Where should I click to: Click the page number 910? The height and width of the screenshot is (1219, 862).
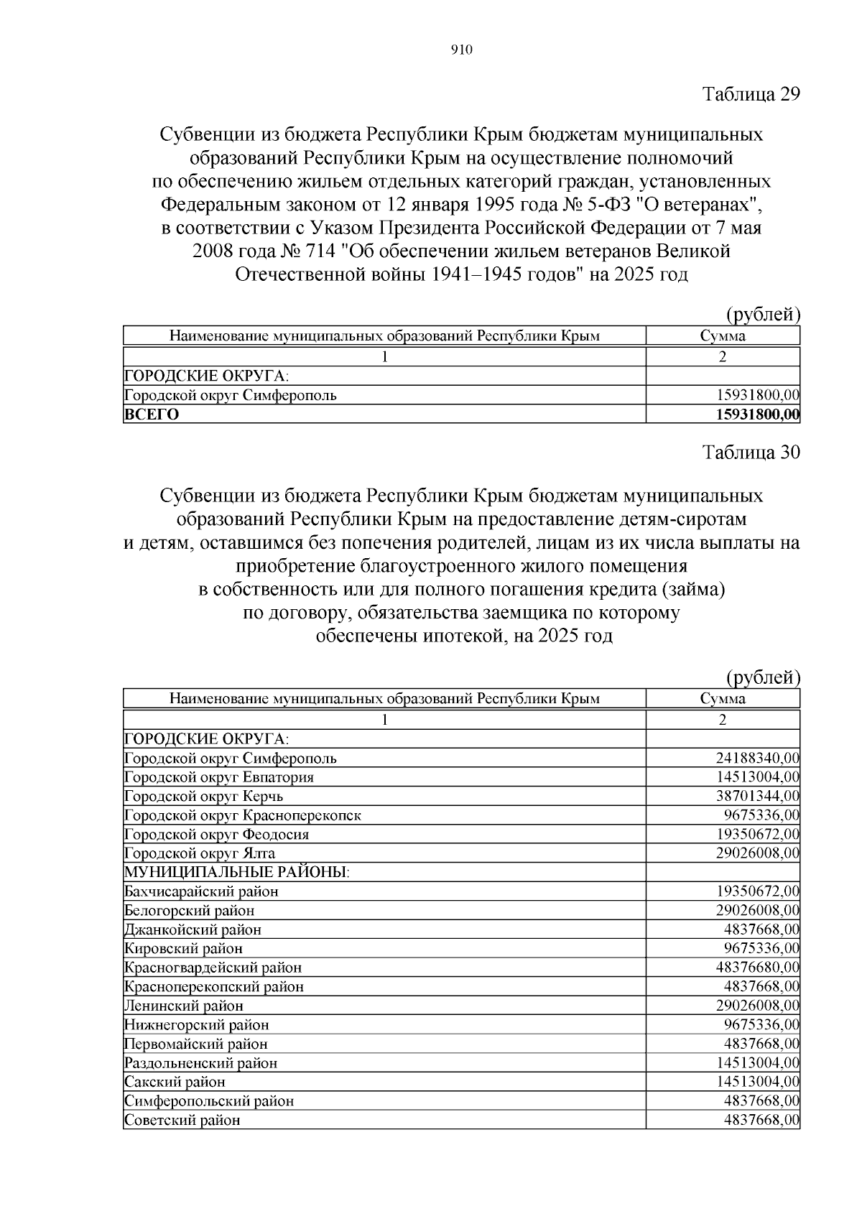click(x=461, y=50)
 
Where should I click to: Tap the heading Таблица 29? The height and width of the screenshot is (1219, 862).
click(x=751, y=94)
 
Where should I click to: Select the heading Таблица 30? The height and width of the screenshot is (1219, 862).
click(x=751, y=452)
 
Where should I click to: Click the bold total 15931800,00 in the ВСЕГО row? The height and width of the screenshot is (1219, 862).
click(x=758, y=414)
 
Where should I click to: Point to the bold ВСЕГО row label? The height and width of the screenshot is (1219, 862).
click(x=152, y=414)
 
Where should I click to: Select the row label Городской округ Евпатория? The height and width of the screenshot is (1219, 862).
click(x=219, y=777)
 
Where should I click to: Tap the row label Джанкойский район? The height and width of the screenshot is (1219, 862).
click(x=193, y=930)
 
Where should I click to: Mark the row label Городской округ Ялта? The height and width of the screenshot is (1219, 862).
click(x=200, y=853)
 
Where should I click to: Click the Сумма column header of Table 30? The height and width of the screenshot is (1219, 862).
click(x=723, y=698)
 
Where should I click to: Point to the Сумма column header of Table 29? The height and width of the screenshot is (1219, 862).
click(x=723, y=335)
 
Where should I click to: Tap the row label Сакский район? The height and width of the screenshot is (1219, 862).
click(x=175, y=1082)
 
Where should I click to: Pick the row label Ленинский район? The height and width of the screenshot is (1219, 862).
click(x=184, y=1006)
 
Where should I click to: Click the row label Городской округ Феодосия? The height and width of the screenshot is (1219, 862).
click(x=216, y=834)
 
